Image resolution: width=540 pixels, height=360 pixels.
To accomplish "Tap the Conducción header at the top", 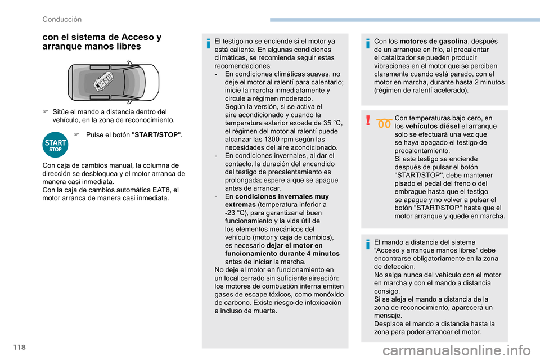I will [x=62, y=20].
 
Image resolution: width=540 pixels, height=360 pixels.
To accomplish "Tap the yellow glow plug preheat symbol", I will [x=385, y=124].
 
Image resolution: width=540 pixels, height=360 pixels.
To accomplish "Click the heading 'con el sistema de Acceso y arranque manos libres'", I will [x=101, y=42].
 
